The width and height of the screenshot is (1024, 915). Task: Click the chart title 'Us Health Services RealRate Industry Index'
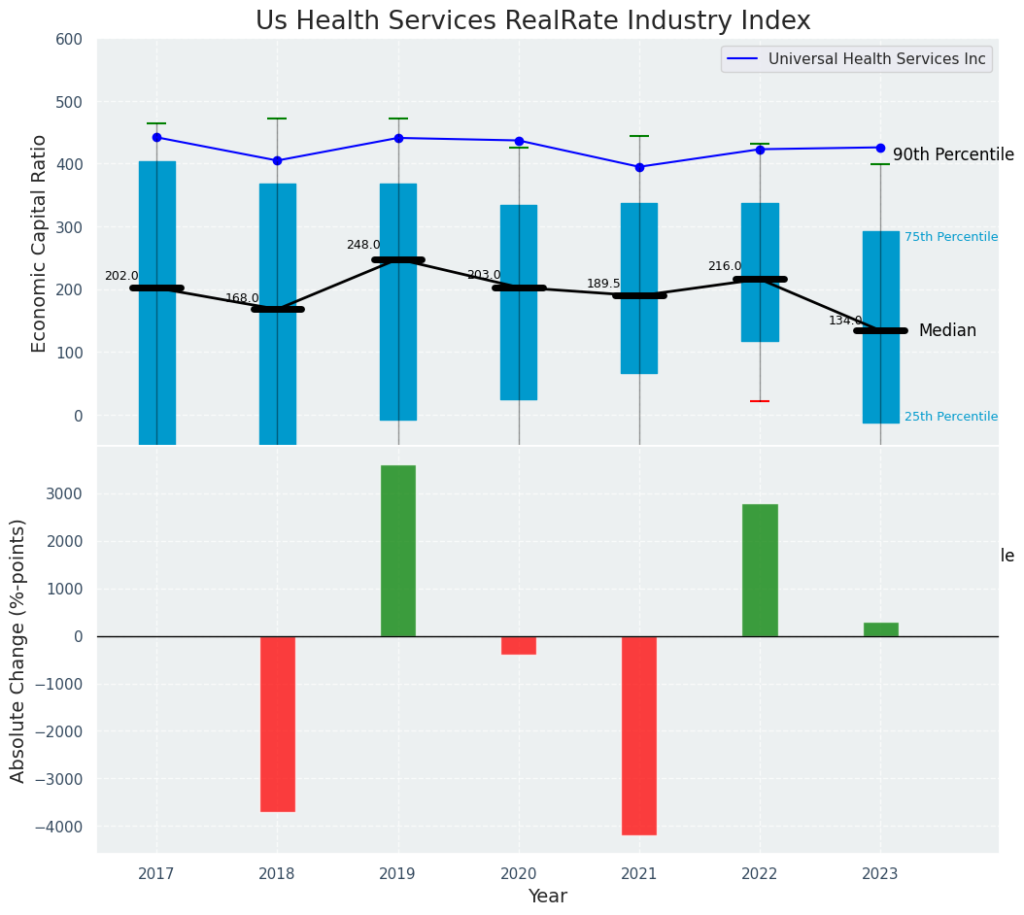coord(532,21)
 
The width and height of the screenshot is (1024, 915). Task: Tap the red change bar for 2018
coord(277,724)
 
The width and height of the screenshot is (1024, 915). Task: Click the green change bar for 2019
coord(397,551)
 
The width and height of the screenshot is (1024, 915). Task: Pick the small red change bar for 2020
coord(519,645)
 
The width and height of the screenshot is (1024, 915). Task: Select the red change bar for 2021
coord(639,735)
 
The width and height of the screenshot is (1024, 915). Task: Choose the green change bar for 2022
coord(760,570)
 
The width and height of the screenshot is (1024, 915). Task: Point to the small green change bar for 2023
coord(880,629)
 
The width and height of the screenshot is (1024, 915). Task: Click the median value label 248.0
coord(363,245)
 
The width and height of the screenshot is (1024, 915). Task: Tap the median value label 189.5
coord(603,284)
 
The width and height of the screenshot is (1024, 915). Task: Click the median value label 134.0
coord(845,321)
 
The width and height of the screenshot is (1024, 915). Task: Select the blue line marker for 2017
coord(156,137)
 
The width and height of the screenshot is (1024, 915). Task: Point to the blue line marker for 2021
coord(639,167)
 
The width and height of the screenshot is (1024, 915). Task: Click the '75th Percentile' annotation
coord(950,237)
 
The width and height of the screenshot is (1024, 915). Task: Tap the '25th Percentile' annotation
coord(950,417)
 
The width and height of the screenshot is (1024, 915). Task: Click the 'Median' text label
coord(947,331)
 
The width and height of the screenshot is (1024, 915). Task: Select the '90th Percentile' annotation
coord(953,155)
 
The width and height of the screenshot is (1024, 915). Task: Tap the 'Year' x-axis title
coord(548,897)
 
